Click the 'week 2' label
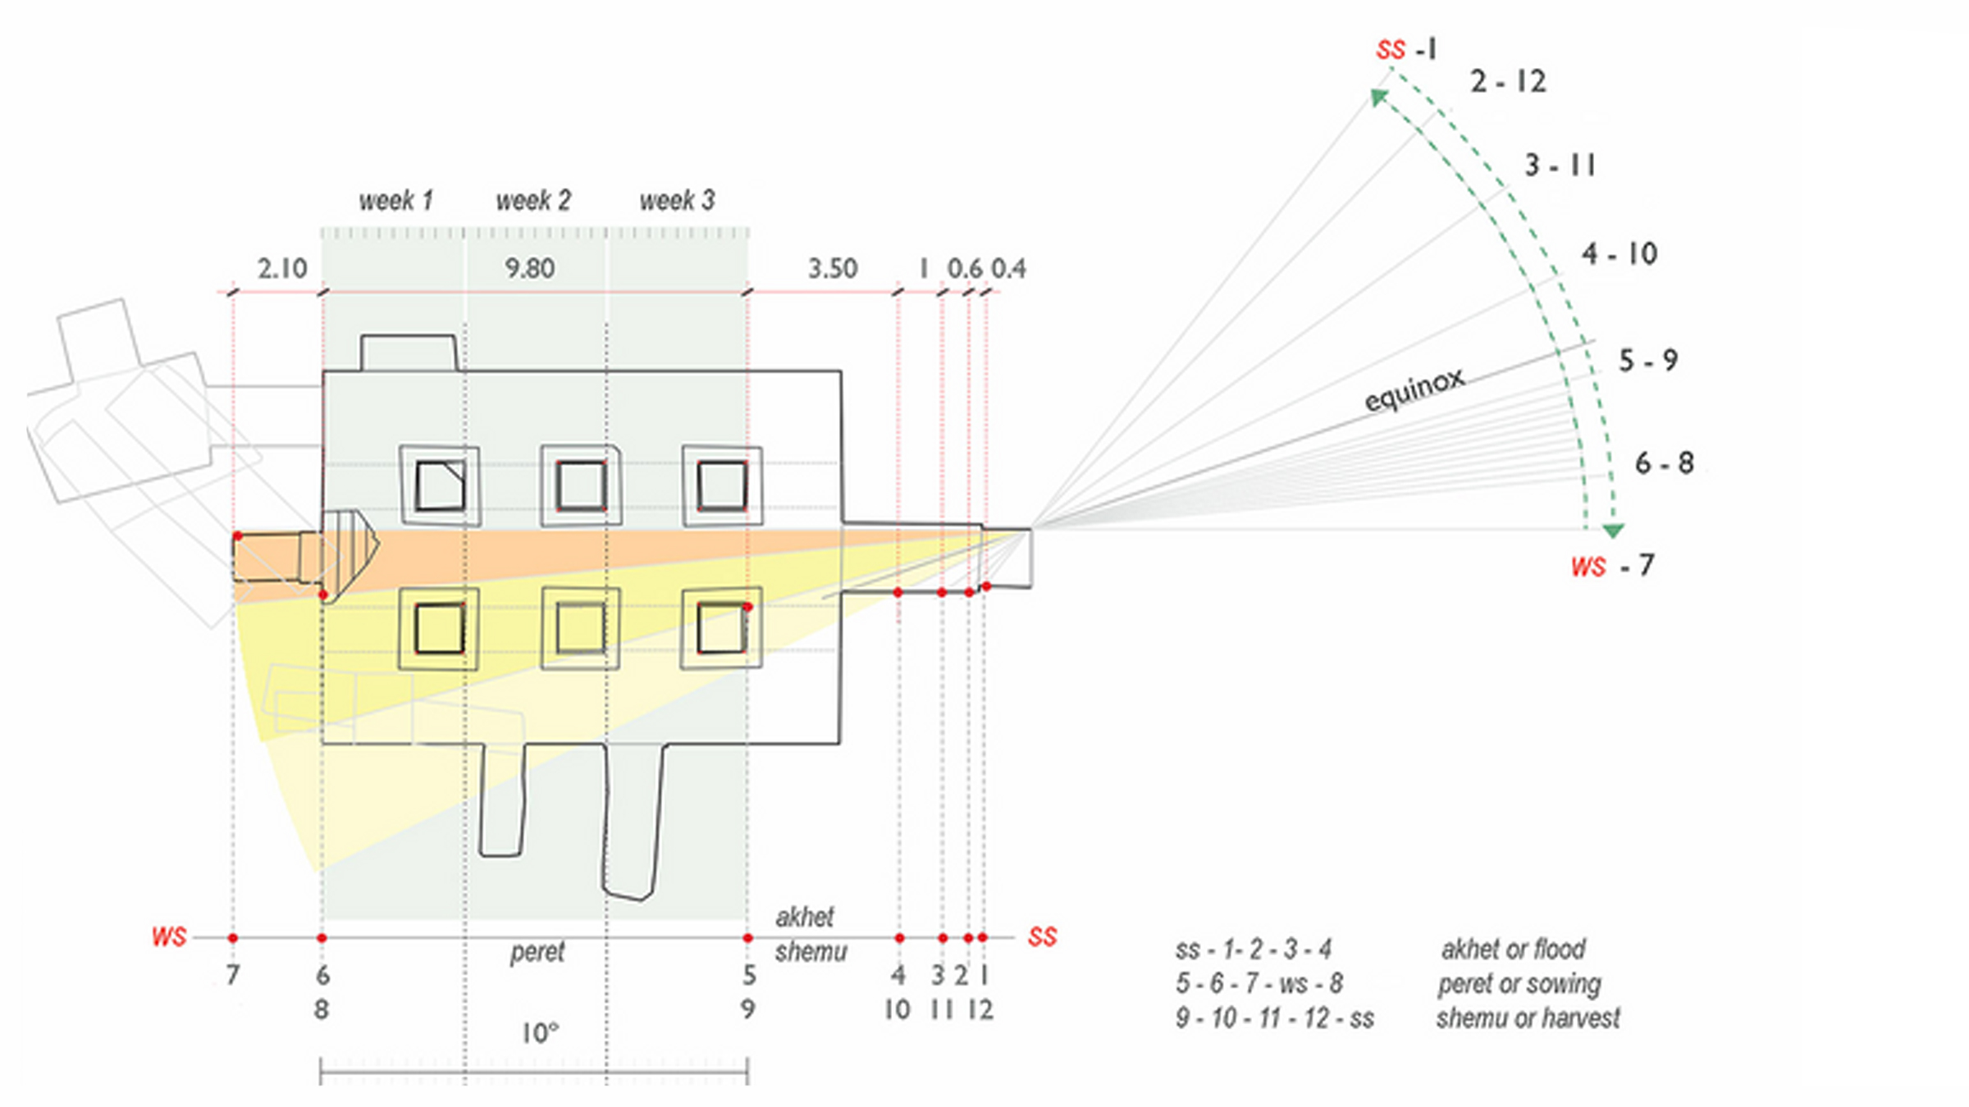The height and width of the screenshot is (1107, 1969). (533, 200)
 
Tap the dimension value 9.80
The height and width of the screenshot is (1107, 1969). (529, 268)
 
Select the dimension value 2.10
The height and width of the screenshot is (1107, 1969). (281, 268)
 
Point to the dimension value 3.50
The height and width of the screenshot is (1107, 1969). (832, 268)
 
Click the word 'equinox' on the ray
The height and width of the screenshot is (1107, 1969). (1414, 389)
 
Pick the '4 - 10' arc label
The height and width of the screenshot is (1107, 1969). (1620, 254)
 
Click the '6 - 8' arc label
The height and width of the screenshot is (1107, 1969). (1664, 463)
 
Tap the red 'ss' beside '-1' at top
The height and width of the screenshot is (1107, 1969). (1390, 50)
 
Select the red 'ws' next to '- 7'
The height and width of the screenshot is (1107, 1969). (1588, 566)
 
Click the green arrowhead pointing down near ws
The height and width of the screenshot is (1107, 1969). (1613, 531)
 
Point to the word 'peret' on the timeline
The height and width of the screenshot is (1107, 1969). (537, 952)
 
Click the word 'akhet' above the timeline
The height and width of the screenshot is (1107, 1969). (804, 917)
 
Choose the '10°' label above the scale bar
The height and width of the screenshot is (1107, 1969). (540, 1033)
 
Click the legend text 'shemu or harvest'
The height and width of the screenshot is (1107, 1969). (1528, 1018)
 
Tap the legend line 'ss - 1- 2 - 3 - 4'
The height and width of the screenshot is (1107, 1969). (1253, 950)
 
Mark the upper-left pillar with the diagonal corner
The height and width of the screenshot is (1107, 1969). (440, 485)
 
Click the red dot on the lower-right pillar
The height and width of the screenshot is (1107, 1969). (747, 607)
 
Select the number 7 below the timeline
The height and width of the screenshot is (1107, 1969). (233, 976)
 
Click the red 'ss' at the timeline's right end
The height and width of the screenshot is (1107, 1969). (1042, 937)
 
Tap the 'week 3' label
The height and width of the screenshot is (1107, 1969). (677, 200)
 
